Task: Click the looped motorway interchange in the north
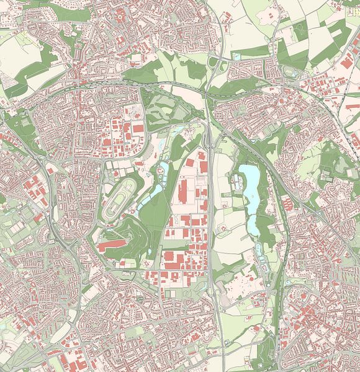214,61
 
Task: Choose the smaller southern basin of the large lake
253,220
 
